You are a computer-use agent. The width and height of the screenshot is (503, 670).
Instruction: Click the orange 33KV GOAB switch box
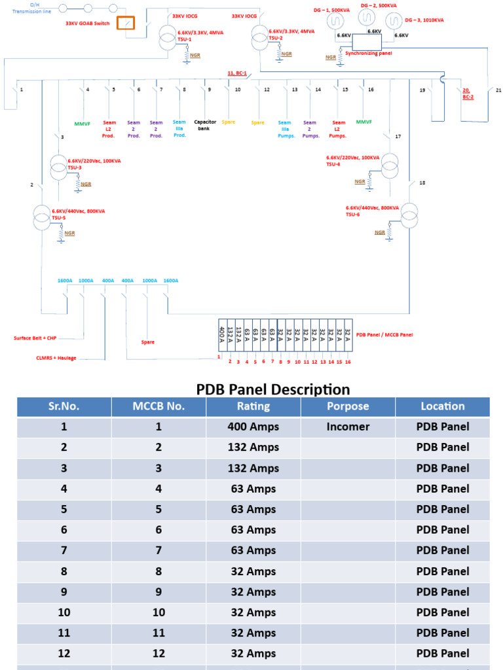126,23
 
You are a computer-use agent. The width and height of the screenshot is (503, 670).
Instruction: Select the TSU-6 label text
353,215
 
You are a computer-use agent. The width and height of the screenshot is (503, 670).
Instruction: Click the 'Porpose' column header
348,406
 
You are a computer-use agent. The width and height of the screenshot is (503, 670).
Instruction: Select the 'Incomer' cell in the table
348,427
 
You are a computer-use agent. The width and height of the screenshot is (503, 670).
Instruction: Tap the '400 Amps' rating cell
253,427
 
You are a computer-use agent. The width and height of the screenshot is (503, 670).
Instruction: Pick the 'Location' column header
443,406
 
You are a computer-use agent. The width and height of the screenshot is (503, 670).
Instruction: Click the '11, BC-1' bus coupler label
236,74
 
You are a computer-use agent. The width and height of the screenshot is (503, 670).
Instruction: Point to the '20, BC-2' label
467,94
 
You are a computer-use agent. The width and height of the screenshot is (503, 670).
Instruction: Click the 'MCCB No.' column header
158,406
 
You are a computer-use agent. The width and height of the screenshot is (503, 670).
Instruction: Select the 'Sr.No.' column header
64,406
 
